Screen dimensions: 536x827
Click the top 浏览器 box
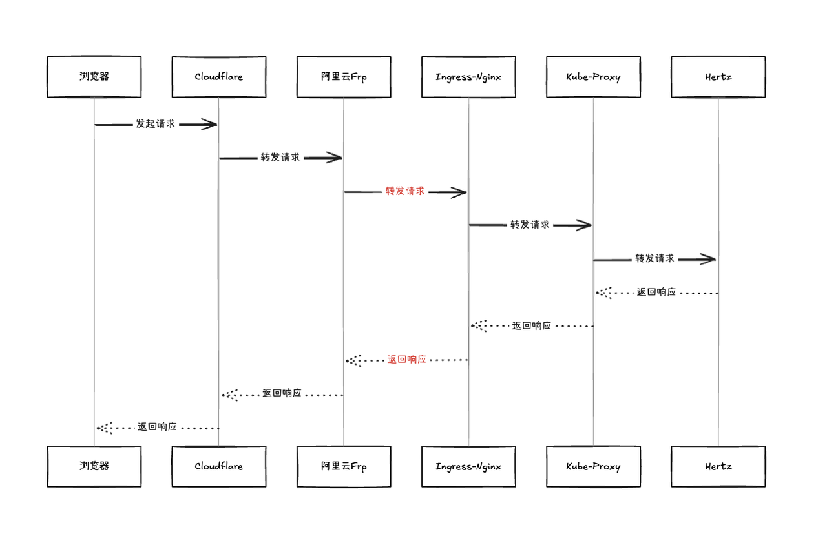click(94, 77)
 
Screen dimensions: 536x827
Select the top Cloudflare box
click(218, 77)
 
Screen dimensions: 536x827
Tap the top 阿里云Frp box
click(344, 77)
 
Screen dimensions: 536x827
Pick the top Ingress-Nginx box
click(468, 77)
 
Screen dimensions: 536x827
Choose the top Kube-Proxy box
click(593, 77)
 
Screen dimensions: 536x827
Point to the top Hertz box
click(718, 77)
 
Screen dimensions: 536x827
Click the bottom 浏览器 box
click(94, 466)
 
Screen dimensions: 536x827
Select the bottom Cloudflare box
click(218, 466)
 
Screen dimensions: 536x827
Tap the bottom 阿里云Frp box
click(344, 466)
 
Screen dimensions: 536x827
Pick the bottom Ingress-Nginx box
click(468, 466)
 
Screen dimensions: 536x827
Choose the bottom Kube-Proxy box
click(593, 466)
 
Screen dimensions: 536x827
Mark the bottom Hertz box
click(718, 466)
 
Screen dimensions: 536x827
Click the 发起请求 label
click(155, 124)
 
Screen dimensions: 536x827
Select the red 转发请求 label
click(405, 191)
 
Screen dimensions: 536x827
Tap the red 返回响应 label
click(406, 360)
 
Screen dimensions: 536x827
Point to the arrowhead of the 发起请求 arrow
click(209, 124)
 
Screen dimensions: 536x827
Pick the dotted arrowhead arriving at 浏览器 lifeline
click(104, 428)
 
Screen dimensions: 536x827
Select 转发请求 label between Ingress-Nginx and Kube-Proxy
click(530, 225)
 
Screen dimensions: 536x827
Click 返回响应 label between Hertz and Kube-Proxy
click(656, 293)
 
